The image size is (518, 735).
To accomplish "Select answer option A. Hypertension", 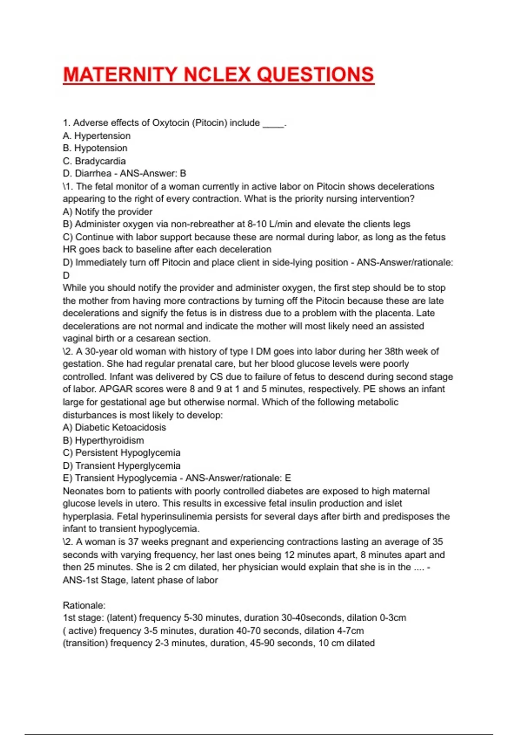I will click(x=97, y=136).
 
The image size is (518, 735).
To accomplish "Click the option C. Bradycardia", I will click(x=94, y=161).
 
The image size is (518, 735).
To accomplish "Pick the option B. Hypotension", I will click(x=95, y=148).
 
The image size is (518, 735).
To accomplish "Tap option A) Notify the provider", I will click(x=107, y=212).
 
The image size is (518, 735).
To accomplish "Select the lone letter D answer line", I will click(x=66, y=275).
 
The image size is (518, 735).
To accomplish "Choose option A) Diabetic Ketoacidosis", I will click(x=114, y=428).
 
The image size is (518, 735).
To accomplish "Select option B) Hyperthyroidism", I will click(x=104, y=441).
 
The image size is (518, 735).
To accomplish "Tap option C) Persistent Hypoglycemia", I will click(x=122, y=453).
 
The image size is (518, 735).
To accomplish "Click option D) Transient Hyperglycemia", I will click(x=122, y=466).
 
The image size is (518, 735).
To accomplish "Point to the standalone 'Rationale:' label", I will click(x=84, y=605).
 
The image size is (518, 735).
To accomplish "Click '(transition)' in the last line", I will click(x=85, y=643).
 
